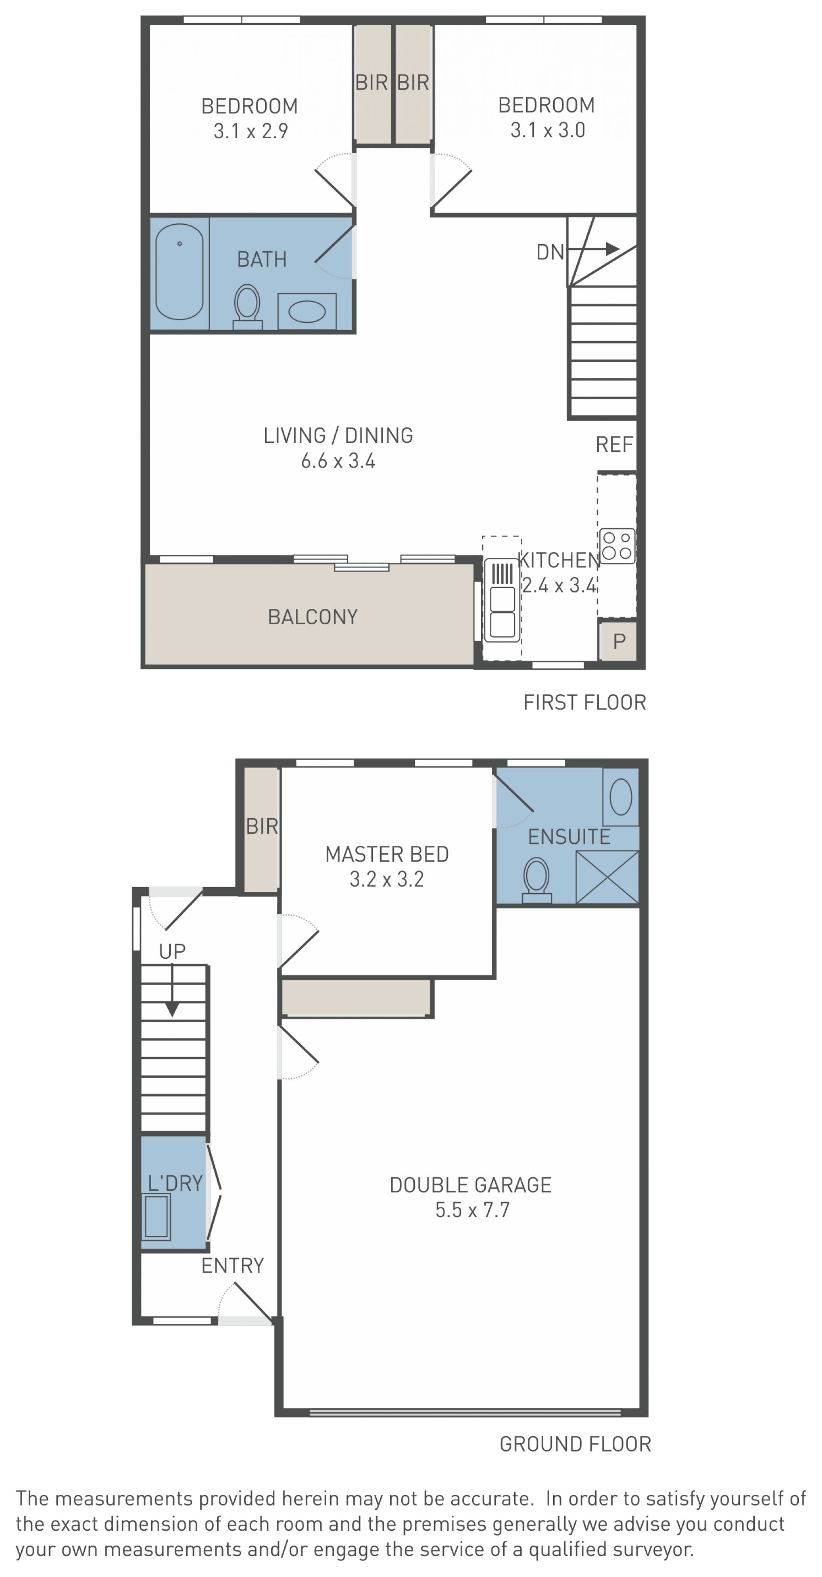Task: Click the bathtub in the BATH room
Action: pos(179,272)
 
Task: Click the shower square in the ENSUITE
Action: pos(607,876)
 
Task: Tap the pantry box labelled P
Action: pos(618,641)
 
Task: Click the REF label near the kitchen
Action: pos(614,444)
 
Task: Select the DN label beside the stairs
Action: pos(550,252)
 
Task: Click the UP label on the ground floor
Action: pos(172,951)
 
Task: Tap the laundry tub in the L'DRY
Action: pos(156,1216)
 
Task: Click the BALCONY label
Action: pos(313,617)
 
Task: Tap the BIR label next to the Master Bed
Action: pos(262,826)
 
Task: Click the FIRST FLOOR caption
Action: pos(584,702)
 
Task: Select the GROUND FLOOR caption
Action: pos(575,1444)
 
